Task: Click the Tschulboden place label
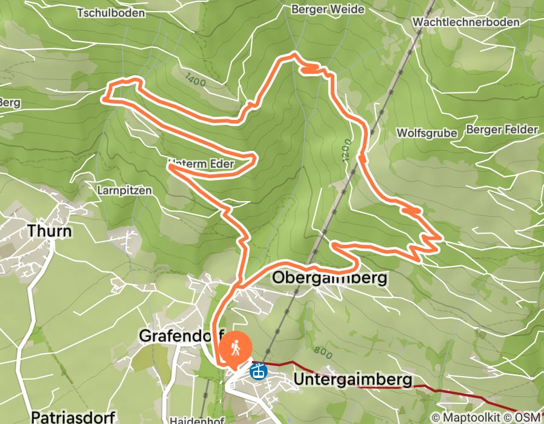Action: coord(111,12)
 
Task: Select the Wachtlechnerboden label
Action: coord(465,22)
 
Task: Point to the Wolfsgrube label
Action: coord(426,133)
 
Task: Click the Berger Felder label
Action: coord(502,130)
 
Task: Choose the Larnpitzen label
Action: coord(124,190)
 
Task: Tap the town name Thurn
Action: coord(49,231)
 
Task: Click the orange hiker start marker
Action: coord(236,348)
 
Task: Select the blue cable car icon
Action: coord(259,369)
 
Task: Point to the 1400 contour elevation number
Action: coord(196,79)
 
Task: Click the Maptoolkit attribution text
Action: coord(468,417)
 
